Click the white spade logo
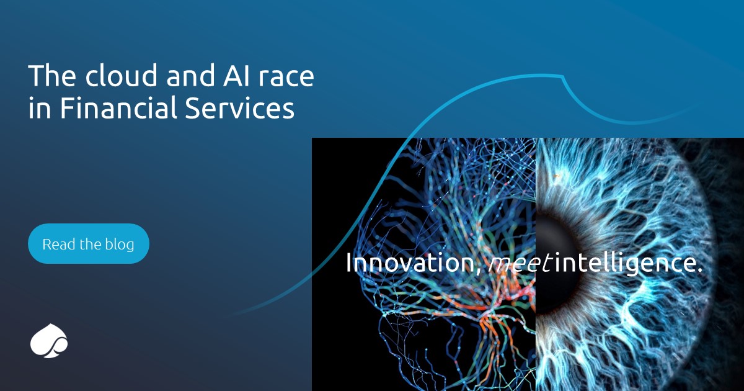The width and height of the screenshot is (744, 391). pos(48,341)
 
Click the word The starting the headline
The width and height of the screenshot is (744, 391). pos(50,76)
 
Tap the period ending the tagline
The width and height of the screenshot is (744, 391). pos(700,271)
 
